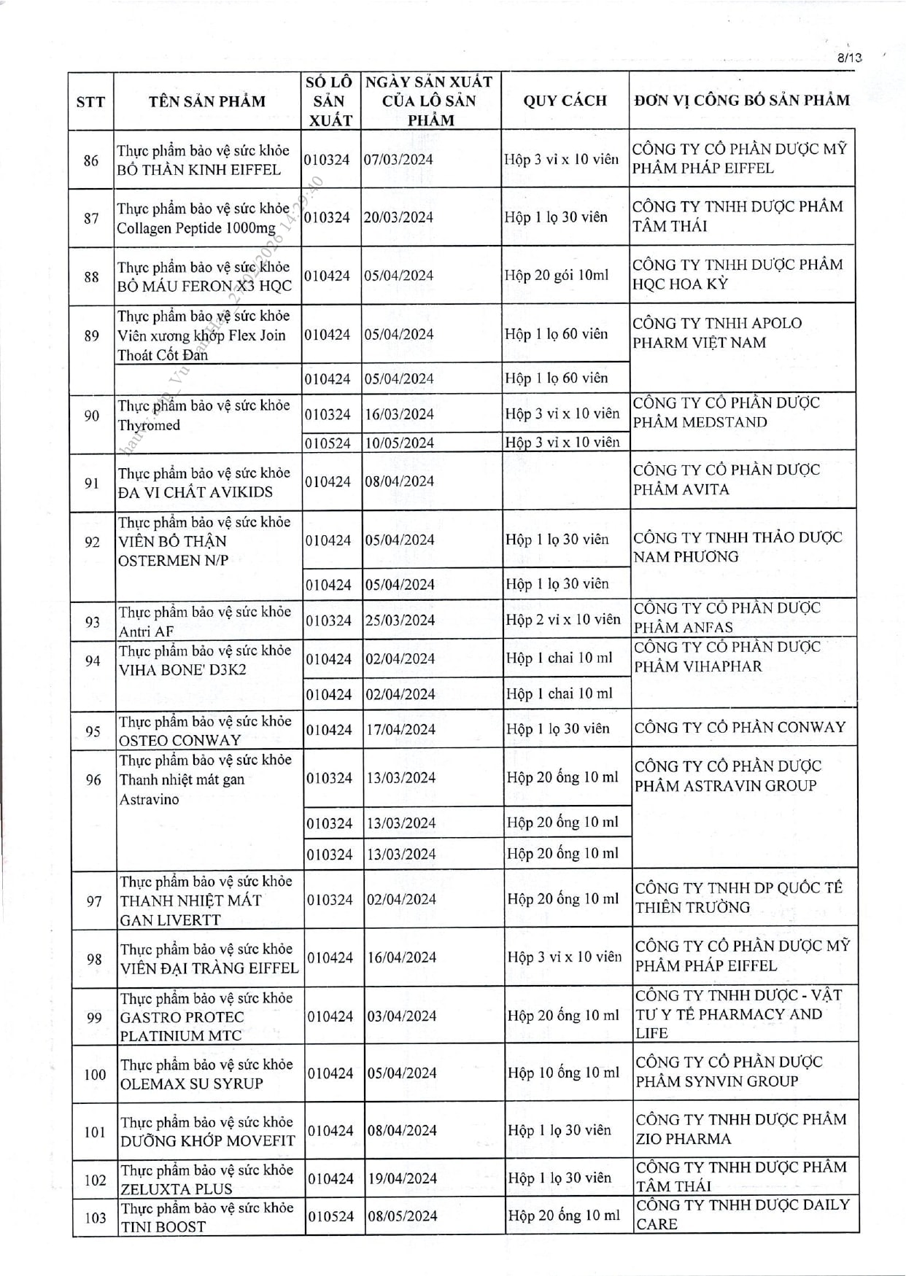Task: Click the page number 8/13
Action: pyautogui.click(x=849, y=58)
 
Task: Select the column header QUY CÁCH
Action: pyautogui.click(x=565, y=101)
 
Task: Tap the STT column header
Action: pyautogui.click(x=90, y=101)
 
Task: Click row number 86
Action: pyautogui.click(x=91, y=160)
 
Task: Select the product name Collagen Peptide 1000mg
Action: pyautogui.click(x=197, y=228)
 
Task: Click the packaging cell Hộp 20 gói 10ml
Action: pyautogui.click(x=557, y=276)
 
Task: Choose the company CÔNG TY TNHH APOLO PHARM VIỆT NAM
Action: pyautogui.click(x=717, y=332)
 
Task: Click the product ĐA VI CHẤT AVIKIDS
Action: pyautogui.click(x=195, y=492)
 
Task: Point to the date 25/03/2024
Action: pyautogui.click(x=400, y=621)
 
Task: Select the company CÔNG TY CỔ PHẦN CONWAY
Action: pyautogui.click(x=740, y=727)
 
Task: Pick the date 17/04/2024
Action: pyautogui.click(x=400, y=729)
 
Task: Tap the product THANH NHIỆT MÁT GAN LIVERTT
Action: pyautogui.click(x=190, y=910)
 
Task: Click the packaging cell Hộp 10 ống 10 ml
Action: pyautogui.click(x=563, y=1073)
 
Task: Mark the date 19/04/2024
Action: pyautogui.click(x=402, y=1178)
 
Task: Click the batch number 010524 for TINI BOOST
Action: pyautogui.click(x=330, y=1216)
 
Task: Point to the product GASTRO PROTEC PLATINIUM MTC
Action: pyautogui.click(x=182, y=1026)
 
